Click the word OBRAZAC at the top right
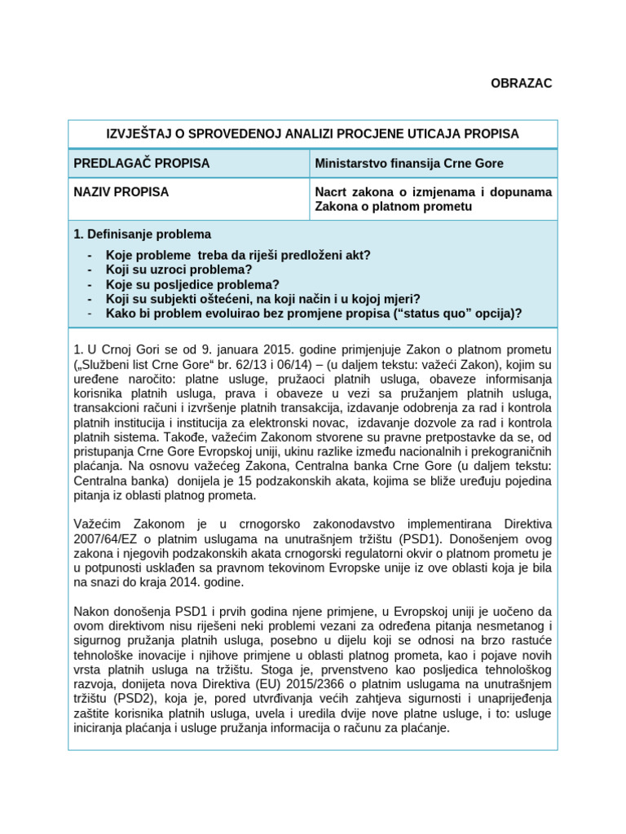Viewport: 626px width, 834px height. click(x=521, y=84)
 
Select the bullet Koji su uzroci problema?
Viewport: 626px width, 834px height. click(x=179, y=270)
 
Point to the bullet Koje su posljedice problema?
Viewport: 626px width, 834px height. click(x=192, y=284)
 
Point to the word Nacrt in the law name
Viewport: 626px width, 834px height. click(x=331, y=192)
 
